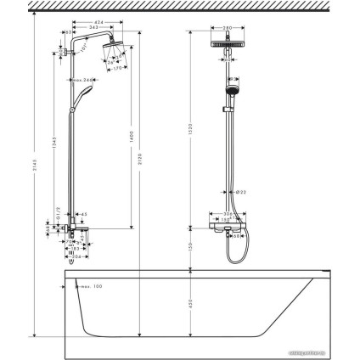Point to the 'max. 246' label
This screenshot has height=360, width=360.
[x=81, y=82]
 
